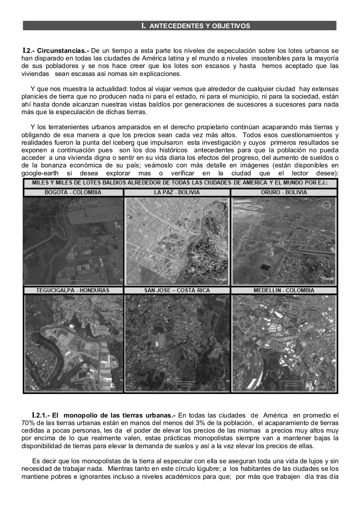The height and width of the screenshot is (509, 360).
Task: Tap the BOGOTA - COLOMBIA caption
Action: (73, 192)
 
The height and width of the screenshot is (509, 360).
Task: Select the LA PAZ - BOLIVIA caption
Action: (177, 192)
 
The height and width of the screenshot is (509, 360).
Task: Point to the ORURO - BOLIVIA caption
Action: (284, 192)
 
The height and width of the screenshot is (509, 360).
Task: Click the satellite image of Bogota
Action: (73, 241)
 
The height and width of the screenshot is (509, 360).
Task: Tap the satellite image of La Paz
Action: (177, 241)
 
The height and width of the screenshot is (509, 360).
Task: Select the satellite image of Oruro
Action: (284, 241)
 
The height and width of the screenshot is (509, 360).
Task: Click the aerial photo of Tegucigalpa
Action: (73, 343)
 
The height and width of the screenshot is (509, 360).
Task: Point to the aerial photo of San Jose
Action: (177, 343)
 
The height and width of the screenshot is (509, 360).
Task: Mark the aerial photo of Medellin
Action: (284, 343)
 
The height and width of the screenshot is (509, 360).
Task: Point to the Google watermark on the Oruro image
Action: (328, 278)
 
